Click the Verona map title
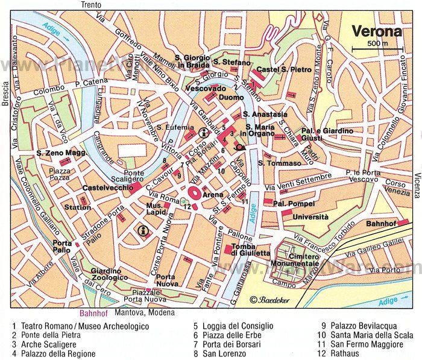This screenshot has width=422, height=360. [377, 31]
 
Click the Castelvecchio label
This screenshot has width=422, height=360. [108, 188]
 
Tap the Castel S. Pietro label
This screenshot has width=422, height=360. [284, 70]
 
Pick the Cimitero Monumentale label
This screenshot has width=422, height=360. [295, 260]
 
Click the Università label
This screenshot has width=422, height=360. [310, 216]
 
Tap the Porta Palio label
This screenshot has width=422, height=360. [63, 247]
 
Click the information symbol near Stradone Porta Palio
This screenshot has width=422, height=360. [143, 229]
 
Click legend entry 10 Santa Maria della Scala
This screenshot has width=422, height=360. [366, 335]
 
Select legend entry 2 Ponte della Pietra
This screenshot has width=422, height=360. [46, 335]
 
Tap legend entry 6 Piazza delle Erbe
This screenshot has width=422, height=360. [226, 335]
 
